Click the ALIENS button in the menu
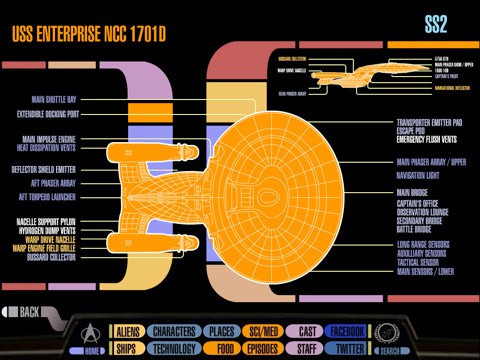[127, 331]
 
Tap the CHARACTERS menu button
[174, 331]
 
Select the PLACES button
[220, 331]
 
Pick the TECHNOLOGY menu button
[174, 349]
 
